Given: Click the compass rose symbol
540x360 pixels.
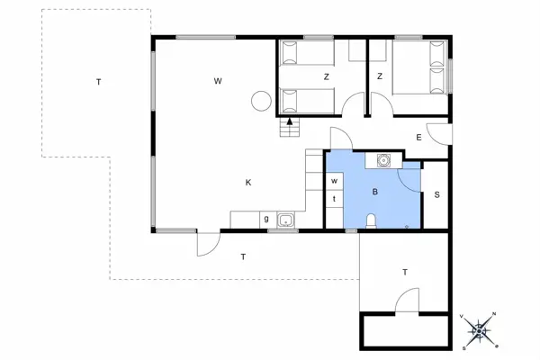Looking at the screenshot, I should (481, 330).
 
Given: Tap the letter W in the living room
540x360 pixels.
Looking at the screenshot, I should (218, 82).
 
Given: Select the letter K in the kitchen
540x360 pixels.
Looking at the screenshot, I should (247, 183).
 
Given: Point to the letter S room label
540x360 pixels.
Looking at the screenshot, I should (436, 194).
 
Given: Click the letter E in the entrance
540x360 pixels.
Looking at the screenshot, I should (419, 137).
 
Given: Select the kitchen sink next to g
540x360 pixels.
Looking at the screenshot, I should (286, 220).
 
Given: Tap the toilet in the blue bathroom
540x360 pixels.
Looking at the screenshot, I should (372, 221).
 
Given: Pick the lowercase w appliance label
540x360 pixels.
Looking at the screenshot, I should (333, 181).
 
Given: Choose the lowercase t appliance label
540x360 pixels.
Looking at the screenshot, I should (333, 198).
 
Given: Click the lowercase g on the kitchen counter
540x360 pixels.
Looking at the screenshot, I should (266, 220).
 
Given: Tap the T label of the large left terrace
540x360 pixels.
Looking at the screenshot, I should (98, 82).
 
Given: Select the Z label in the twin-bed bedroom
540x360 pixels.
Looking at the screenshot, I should (326, 76).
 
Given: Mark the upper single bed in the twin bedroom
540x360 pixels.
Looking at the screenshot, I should (307, 55).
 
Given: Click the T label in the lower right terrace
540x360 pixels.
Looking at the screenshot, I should (405, 272).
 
